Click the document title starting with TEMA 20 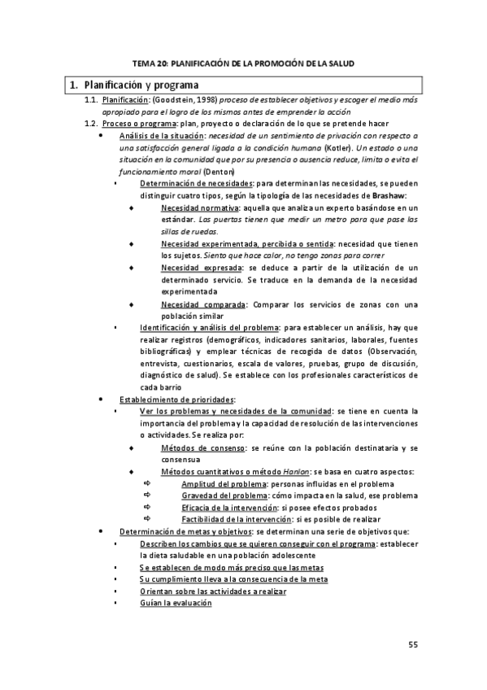click(x=243, y=63)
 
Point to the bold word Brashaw click(x=395, y=196)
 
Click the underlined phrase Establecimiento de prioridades click(x=176, y=400)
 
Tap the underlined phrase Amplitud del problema click(x=224, y=484)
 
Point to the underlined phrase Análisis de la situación click(x=162, y=135)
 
